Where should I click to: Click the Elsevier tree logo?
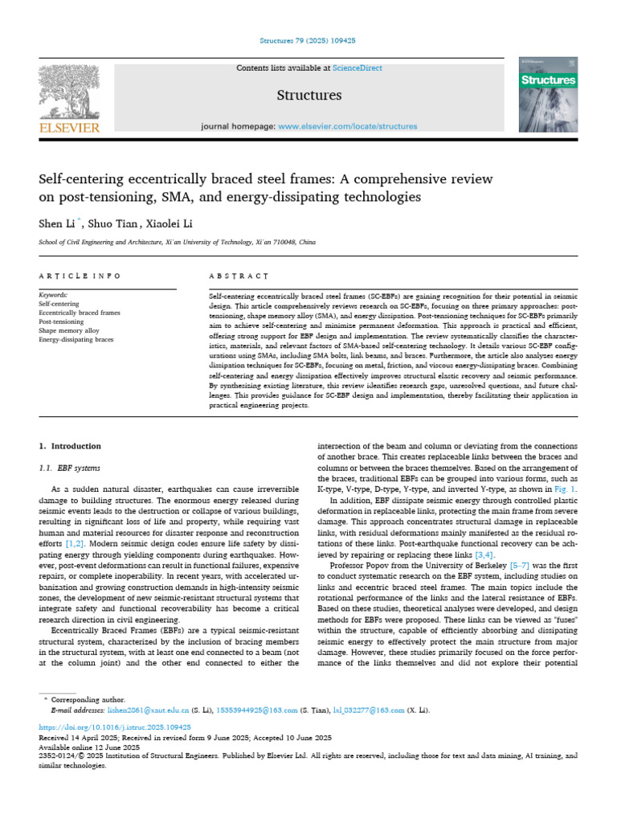[69, 92]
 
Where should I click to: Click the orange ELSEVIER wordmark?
[69, 127]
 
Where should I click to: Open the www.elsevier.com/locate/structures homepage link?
[348, 126]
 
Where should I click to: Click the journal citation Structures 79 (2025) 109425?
[308, 40]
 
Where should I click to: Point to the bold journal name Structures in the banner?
[308, 96]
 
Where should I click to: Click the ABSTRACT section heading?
[238, 276]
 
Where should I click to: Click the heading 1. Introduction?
[70, 446]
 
